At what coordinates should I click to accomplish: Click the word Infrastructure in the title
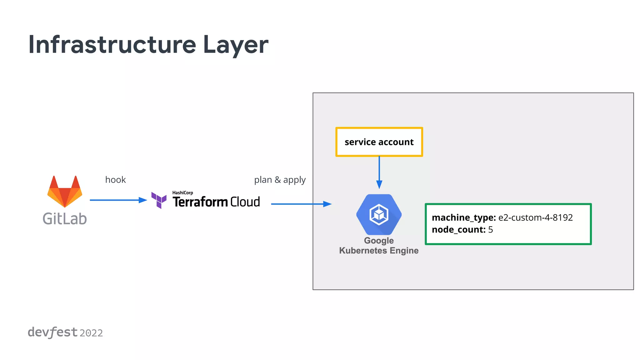(112, 44)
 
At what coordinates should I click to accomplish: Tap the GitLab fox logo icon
(65, 192)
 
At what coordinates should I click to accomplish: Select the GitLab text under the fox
(65, 219)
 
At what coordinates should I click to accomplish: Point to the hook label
(115, 180)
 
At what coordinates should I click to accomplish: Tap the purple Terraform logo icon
(159, 200)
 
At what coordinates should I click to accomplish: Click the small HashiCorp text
(182, 192)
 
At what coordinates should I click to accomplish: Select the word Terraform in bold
(200, 202)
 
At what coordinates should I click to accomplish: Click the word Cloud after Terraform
(245, 202)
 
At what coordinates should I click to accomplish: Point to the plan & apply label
(280, 180)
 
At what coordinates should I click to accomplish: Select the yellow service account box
(379, 142)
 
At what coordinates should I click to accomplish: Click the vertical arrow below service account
(379, 172)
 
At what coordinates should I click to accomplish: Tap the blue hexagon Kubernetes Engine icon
(379, 214)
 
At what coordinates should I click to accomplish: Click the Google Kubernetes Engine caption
(379, 246)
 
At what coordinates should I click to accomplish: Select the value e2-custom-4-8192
(535, 217)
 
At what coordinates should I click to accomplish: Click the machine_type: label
(464, 217)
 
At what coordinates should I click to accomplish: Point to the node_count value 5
(491, 230)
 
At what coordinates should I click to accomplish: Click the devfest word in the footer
(52, 332)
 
